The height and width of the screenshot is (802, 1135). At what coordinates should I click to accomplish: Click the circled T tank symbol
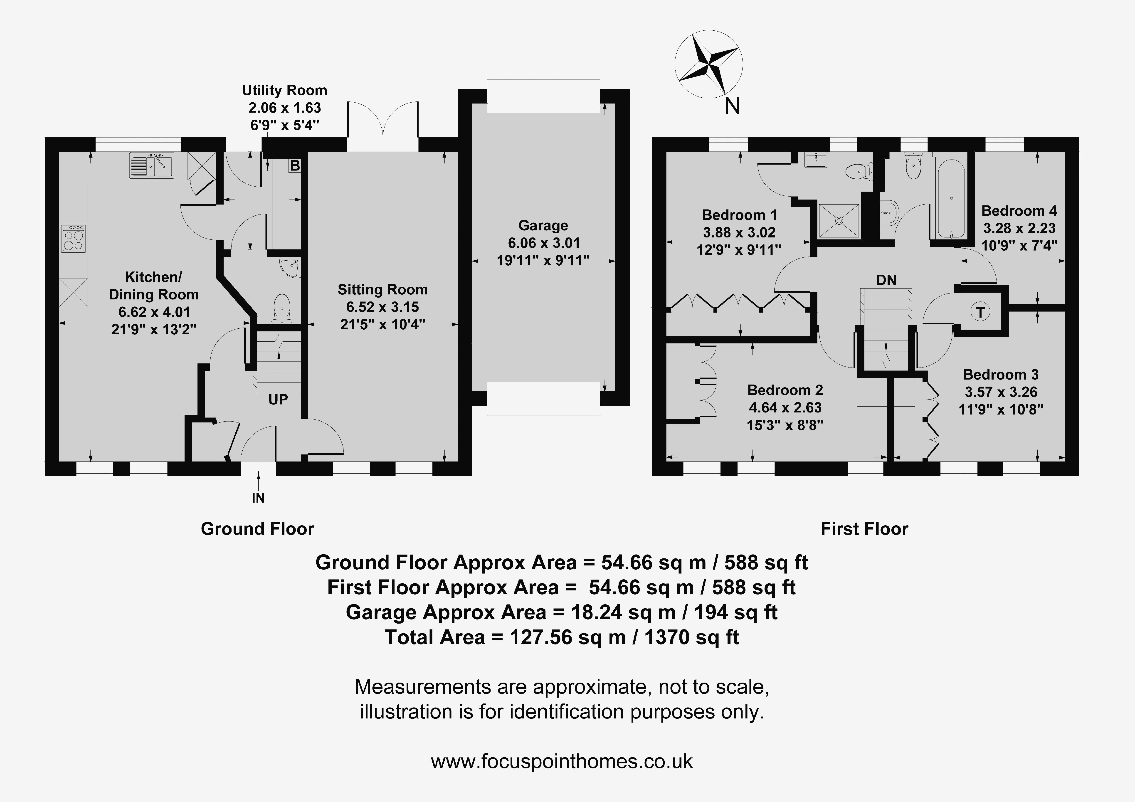click(x=980, y=312)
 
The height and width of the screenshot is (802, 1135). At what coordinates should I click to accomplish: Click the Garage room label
click(x=543, y=225)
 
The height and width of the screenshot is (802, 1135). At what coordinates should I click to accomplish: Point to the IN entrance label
click(x=258, y=498)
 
